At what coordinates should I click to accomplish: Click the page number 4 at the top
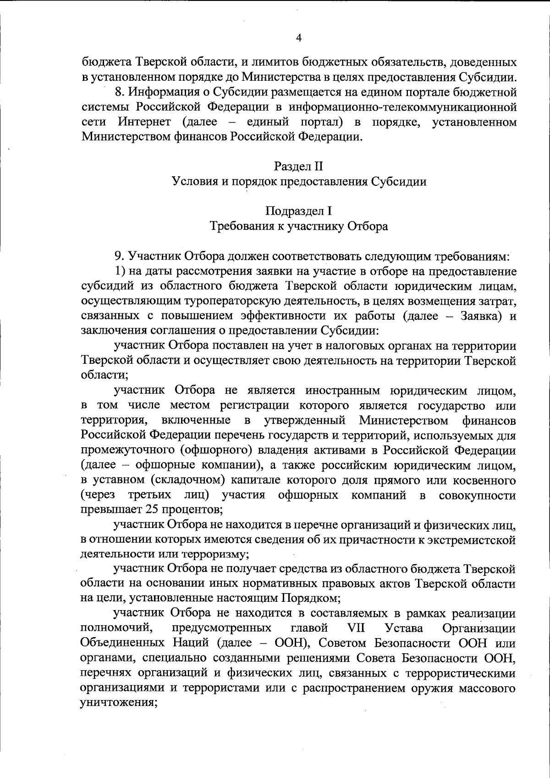pos(299,39)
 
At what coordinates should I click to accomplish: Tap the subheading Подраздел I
pos(299,211)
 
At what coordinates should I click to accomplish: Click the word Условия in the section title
pos(191,182)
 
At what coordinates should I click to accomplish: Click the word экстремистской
pos(471,539)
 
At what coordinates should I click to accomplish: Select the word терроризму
pos(215,554)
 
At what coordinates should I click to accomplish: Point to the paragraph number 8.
pos(118,92)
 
